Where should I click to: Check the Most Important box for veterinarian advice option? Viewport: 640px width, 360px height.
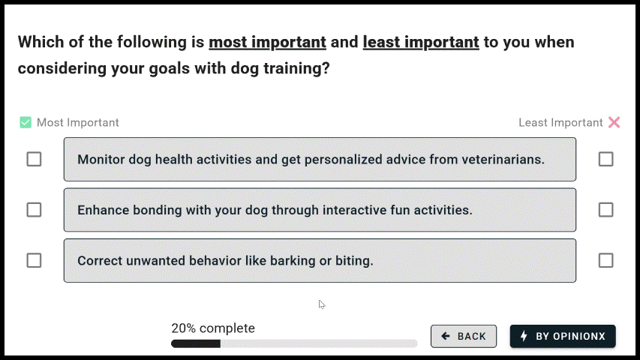(x=34, y=159)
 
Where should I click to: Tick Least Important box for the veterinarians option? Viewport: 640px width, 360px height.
(x=605, y=159)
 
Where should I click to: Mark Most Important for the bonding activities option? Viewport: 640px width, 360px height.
(x=34, y=210)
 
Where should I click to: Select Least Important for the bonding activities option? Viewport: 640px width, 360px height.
(x=605, y=210)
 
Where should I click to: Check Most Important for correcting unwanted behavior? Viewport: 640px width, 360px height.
(x=34, y=260)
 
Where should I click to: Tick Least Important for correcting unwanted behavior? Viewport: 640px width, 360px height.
(x=605, y=260)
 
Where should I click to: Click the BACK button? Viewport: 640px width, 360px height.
(x=464, y=336)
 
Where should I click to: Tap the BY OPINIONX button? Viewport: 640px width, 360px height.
(x=563, y=336)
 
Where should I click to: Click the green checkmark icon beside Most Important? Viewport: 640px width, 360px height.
(x=26, y=122)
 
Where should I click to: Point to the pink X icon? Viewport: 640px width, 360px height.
(x=614, y=122)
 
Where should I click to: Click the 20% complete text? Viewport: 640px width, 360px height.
(x=213, y=328)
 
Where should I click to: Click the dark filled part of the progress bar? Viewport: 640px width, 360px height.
(x=196, y=343)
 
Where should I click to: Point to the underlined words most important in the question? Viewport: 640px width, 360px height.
(x=267, y=42)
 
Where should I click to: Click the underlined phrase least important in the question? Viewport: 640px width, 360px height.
(x=421, y=42)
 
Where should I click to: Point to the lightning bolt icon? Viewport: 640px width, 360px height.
(x=524, y=336)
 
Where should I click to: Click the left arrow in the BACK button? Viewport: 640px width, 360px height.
(x=446, y=336)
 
